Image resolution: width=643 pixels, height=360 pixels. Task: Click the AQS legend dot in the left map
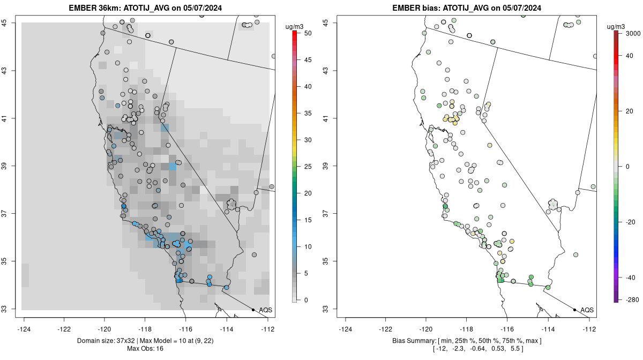pyautogui.click(x=253, y=310)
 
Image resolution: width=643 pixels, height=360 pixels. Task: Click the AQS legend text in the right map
pyautogui.click(x=587, y=310)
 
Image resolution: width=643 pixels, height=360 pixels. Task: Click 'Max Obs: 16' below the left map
pyautogui.click(x=145, y=349)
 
